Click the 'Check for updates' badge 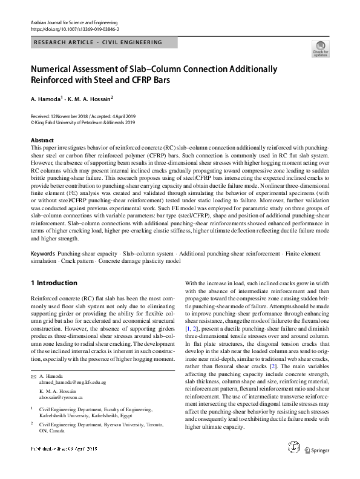tap(320, 48)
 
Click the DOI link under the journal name tap(74, 28)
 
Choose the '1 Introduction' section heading tap(54, 283)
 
